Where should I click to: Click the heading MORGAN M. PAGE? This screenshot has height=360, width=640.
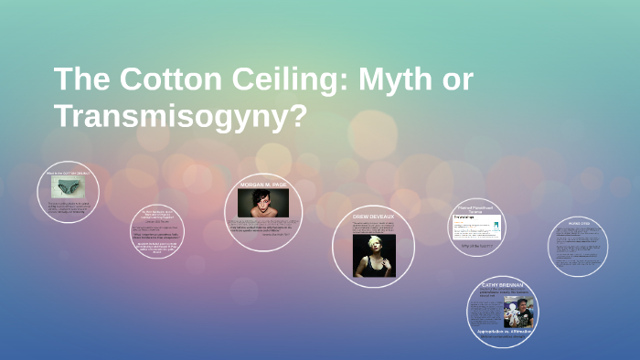pyautogui.click(x=264, y=185)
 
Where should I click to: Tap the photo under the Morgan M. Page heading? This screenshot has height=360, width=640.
pyautogui.click(x=264, y=203)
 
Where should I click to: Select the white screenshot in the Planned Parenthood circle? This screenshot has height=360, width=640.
pyautogui.click(x=477, y=227)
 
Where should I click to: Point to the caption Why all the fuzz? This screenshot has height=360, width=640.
pyautogui.click(x=477, y=246)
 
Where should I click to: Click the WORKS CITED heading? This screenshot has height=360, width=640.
pyautogui.click(x=578, y=222)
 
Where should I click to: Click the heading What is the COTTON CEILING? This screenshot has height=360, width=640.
pyautogui.click(x=69, y=173)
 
